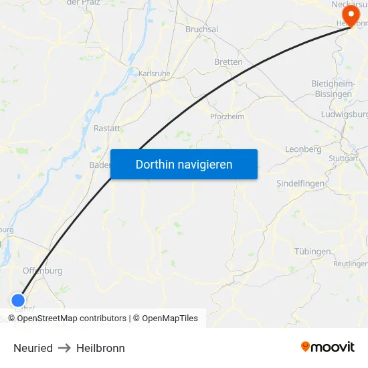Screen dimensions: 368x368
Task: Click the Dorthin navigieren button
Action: (184, 164)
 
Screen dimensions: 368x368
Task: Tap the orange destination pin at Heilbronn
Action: (350, 15)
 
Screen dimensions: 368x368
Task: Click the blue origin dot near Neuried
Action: (18, 301)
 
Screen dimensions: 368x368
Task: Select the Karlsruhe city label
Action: (155, 73)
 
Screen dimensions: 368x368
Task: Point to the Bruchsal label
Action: (201, 29)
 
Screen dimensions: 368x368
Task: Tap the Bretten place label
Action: (228, 62)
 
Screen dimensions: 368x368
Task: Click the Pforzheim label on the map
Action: (227, 116)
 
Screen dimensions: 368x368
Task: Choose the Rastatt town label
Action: (107, 128)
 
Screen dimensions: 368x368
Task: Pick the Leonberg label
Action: (303, 149)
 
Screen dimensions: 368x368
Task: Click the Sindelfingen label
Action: (301, 183)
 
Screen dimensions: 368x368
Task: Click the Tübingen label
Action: (312, 252)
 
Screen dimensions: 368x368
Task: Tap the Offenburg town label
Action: (43, 271)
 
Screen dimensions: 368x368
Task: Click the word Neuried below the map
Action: (33, 348)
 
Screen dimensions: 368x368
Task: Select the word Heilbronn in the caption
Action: (100, 348)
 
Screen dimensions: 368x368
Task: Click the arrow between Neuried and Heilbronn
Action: (64, 348)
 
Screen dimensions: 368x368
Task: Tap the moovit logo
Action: (328, 347)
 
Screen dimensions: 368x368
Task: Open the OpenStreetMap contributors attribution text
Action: (72, 318)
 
